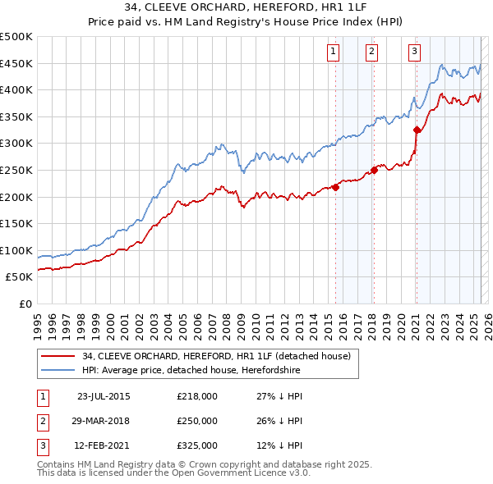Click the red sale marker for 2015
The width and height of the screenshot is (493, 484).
pos(336,187)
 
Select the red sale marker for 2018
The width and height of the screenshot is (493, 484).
pos(374,170)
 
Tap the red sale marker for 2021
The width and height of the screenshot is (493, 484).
pos(417,130)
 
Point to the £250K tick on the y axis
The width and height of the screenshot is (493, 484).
pos(18,170)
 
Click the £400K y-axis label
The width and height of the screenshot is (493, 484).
pos(18,90)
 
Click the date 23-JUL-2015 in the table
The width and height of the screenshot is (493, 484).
pos(104,396)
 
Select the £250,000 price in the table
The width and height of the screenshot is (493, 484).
pos(197,421)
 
